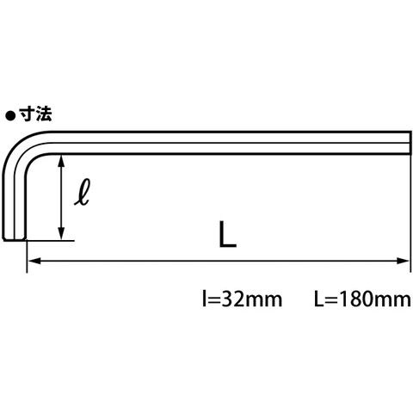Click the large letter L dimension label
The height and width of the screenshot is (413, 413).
tap(227, 234)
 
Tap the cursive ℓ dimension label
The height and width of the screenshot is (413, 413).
tap(83, 192)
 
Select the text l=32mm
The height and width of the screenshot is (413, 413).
tap(242, 299)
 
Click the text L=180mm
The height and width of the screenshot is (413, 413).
tap(362, 299)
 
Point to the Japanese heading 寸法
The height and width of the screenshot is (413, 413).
tap(35, 114)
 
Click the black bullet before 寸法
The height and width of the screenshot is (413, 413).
tap(10, 116)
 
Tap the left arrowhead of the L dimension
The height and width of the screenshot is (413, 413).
tap(34, 261)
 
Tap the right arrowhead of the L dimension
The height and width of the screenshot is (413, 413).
tap(403, 261)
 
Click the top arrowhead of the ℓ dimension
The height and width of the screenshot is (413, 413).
tap(61, 161)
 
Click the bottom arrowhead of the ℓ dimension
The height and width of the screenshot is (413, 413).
tap(61, 232)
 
